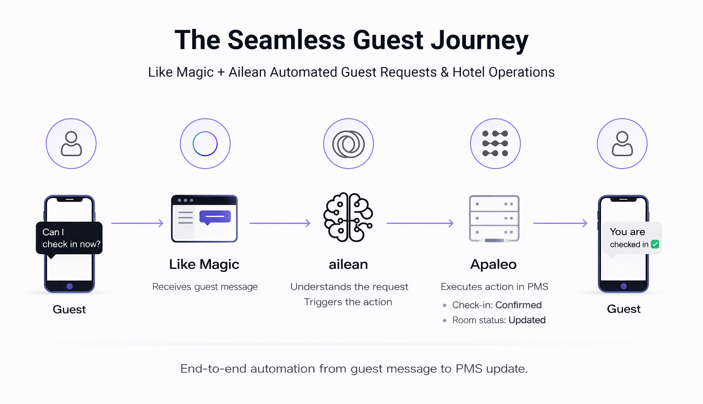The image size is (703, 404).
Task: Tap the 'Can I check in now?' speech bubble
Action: (69, 238)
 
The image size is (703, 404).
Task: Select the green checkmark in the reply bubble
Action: (655, 244)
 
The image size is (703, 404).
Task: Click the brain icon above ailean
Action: (348, 217)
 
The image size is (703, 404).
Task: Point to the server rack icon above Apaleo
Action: (494, 218)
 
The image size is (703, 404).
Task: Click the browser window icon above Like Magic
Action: (204, 218)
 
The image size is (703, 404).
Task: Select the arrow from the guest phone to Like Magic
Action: (137, 223)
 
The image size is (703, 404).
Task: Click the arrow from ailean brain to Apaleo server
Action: (420, 223)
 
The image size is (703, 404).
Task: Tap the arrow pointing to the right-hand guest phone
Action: (560, 223)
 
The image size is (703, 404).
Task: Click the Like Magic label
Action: (204, 264)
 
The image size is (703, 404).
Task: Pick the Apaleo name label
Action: (493, 264)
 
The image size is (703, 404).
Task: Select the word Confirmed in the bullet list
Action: (519, 305)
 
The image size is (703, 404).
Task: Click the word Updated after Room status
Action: (527, 320)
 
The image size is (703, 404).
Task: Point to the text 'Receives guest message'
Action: (205, 287)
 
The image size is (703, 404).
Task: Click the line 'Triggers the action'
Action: (348, 302)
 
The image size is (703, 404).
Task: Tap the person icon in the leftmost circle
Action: (71, 144)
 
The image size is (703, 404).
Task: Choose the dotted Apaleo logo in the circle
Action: (495, 143)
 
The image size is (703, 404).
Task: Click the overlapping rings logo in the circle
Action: (348, 144)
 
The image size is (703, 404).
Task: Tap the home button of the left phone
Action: (70, 286)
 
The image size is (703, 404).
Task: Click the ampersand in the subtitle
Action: (444, 72)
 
